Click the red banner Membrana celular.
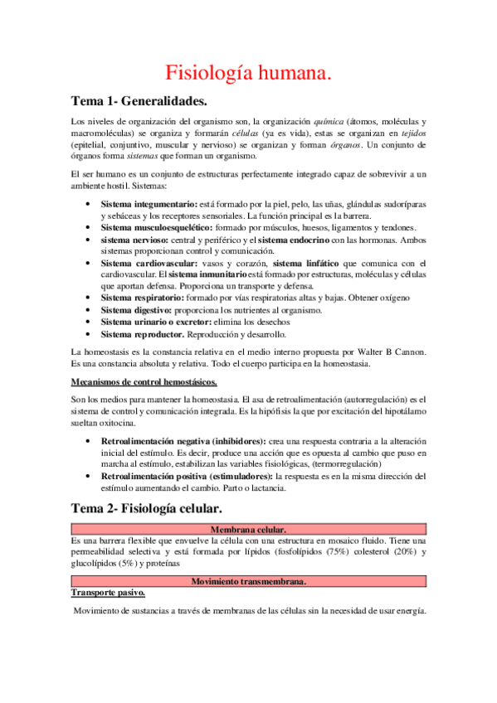coord(248,529)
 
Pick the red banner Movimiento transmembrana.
coord(248,581)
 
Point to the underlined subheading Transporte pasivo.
coord(109,593)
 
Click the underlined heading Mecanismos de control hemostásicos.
coord(144,381)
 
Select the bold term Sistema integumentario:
coord(149,204)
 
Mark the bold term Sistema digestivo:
coord(136,309)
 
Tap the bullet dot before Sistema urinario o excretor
coord(89,322)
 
